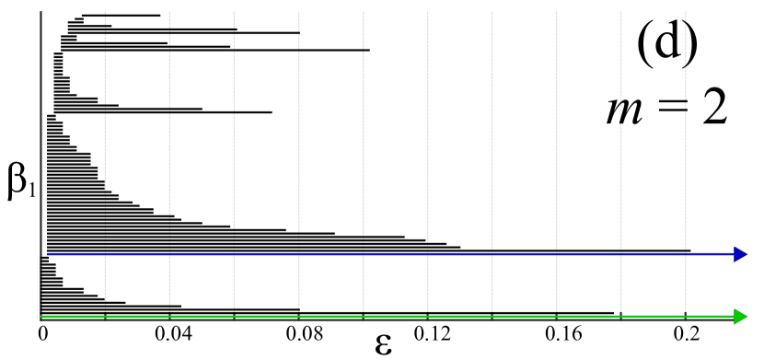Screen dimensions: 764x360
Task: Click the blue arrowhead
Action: click(x=741, y=254)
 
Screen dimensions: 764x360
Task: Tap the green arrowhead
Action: click(x=741, y=317)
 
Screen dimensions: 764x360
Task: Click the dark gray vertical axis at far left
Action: click(x=41, y=138)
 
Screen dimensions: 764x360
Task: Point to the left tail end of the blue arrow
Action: click(x=48, y=254)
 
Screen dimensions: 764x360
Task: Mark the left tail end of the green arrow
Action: click(x=41, y=317)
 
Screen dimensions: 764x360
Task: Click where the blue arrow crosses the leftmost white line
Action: click(x=105, y=254)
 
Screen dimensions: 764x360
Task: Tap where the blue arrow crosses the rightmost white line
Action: click(x=686, y=254)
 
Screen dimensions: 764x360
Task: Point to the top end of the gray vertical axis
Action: click(x=41, y=12)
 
